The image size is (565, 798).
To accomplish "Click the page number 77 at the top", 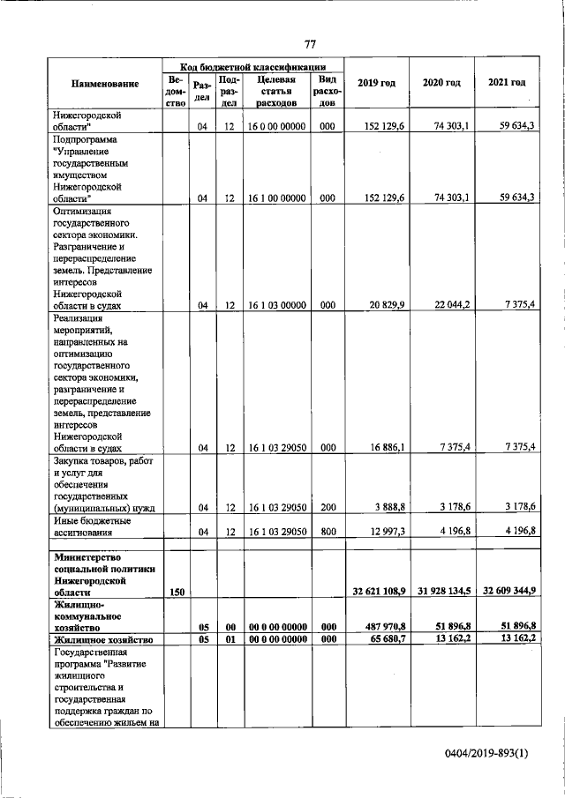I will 310,45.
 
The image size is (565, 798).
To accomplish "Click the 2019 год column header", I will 376,83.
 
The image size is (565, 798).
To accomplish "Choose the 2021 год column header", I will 507,83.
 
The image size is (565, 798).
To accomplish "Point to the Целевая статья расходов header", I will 275,90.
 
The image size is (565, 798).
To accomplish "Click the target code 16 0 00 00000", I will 275,127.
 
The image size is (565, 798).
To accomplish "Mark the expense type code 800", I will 327,532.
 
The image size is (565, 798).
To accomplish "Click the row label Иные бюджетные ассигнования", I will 91,526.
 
